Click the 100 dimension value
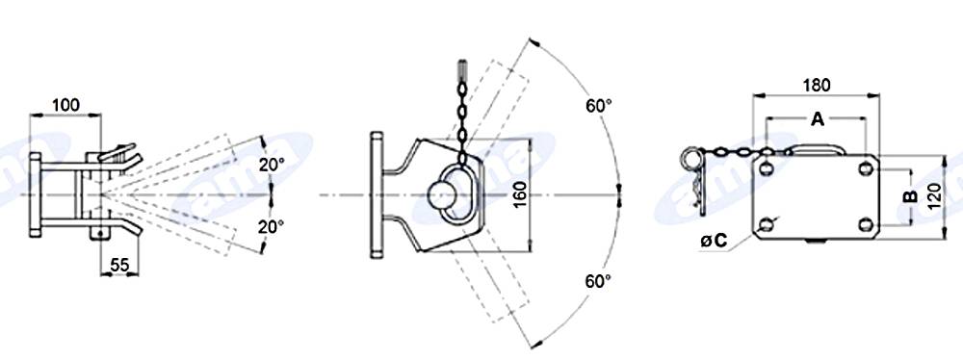pyautogui.click(x=65, y=105)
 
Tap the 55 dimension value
pyautogui.click(x=119, y=265)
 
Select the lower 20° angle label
pyautogui.click(x=271, y=227)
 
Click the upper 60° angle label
pyautogui.click(x=598, y=105)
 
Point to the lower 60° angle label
pyautogui.click(x=598, y=281)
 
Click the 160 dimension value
pyautogui.click(x=520, y=194)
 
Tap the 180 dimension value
pyautogui.click(x=817, y=85)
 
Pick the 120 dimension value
pyautogui.click(x=934, y=196)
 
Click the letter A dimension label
pyautogui.click(x=817, y=119)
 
